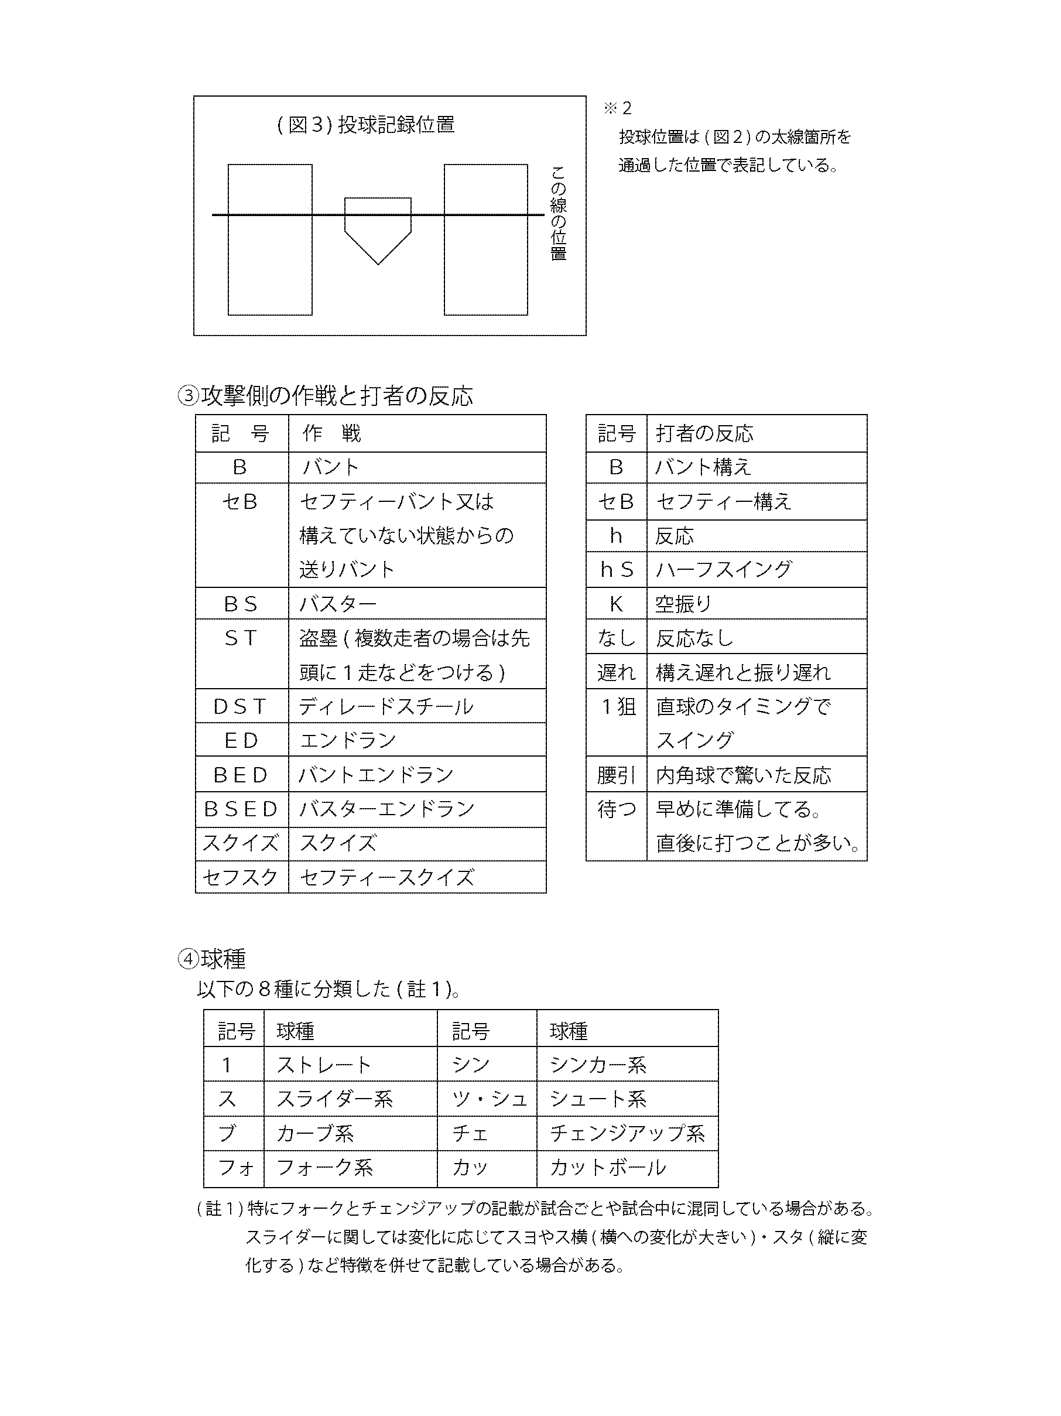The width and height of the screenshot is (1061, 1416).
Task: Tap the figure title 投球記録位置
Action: (365, 125)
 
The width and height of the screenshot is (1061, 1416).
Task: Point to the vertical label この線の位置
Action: (559, 213)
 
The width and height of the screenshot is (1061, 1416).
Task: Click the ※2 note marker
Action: (618, 108)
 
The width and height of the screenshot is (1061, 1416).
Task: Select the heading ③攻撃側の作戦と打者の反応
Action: (325, 396)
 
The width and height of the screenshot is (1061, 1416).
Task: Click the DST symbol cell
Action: (241, 706)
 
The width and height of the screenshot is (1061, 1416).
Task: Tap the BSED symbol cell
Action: (241, 809)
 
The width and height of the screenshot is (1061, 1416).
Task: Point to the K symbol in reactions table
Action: (615, 604)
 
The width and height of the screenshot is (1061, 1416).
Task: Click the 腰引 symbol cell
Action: (615, 775)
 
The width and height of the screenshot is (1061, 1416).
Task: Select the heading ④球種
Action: (212, 958)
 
